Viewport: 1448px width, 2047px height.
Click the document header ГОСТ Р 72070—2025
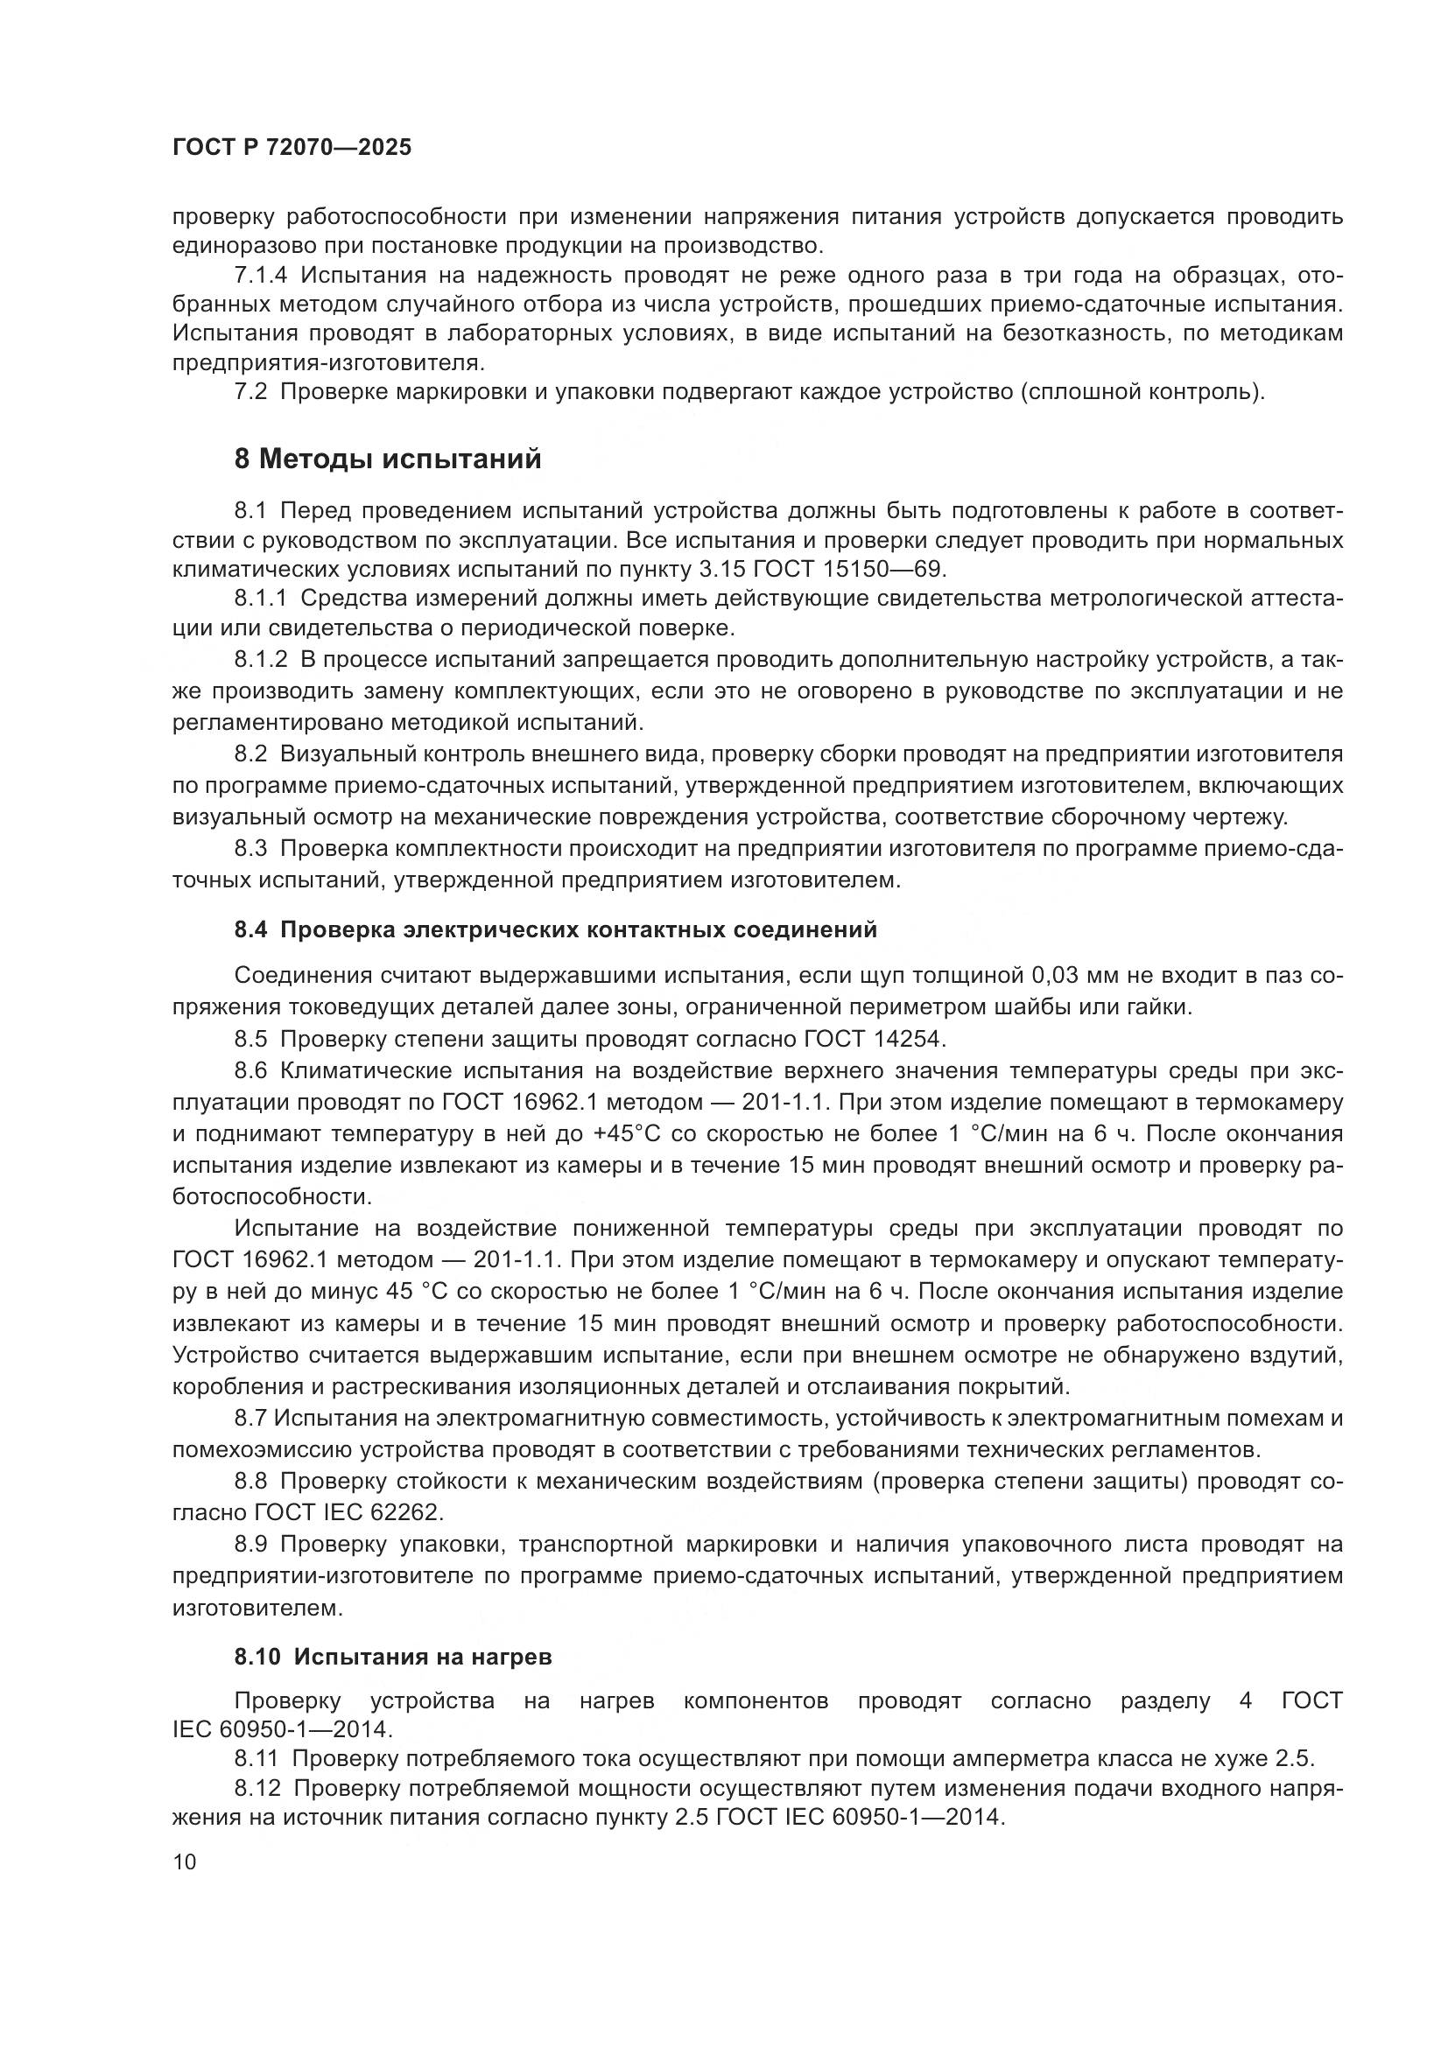point(292,148)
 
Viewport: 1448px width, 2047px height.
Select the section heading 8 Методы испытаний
point(388,459)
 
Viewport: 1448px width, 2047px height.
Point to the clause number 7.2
point(250,391)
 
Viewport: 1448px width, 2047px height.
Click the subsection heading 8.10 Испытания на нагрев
point(393,1657)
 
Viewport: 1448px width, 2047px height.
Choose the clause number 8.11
point(257,1759)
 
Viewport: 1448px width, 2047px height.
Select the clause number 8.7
point(250,1419)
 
